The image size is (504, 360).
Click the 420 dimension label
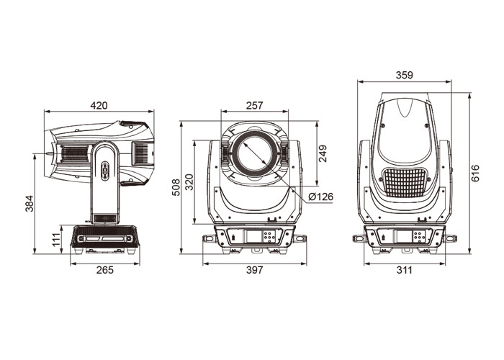[99, 105]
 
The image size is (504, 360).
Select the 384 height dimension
[30, 204]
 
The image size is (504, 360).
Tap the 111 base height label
[56, 240]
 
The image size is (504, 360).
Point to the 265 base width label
[105, 270]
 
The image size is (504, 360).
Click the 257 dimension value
[255, 105]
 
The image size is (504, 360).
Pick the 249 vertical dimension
[323, 153]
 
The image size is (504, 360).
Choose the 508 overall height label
[176, 187]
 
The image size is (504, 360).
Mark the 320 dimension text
[189, 182]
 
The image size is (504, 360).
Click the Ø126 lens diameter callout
[321, 197]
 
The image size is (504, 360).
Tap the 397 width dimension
[255, 270]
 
